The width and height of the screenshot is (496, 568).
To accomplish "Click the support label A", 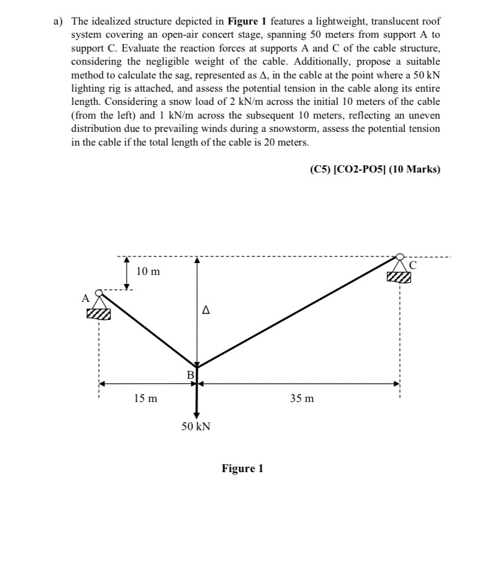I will point(85,297).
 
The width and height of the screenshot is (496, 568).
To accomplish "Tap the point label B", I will point(190,374).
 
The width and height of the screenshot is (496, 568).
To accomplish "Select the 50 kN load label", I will point(196,427).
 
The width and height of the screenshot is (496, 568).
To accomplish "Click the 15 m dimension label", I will point(146,398).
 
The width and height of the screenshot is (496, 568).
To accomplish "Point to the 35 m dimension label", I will point(301,398).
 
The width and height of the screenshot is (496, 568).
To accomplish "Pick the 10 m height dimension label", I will point(148,271).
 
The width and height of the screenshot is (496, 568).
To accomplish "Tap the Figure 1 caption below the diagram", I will point(242,469).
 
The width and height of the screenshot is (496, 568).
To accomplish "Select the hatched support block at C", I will point(399,277).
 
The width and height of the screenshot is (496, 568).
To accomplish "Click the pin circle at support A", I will point(100,293).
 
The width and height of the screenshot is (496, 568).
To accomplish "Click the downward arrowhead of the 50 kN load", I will point(196,415).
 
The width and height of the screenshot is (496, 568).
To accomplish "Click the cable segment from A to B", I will point(149,330).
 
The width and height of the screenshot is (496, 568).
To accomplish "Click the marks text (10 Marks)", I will point(414,170).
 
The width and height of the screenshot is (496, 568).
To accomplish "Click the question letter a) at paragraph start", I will point(59,20).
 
